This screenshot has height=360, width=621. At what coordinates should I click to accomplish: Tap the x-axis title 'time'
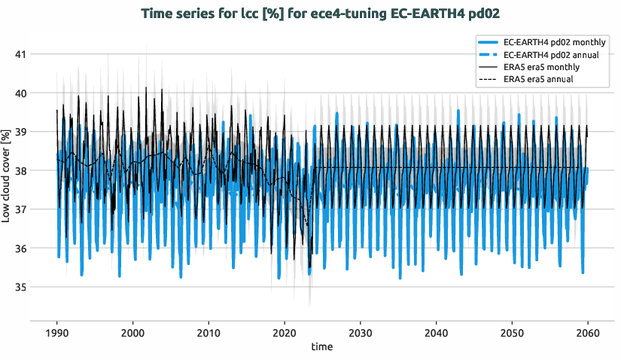(x=321, y=347)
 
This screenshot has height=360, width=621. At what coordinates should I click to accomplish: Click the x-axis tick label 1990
(x=57, y=333)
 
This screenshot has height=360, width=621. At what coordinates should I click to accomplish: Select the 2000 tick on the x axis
(x=132, y=333)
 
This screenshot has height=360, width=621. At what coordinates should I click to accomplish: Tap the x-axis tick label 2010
(x=209, y=333)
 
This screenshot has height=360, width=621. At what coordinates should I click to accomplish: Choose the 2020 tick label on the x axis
(x=285, y=333)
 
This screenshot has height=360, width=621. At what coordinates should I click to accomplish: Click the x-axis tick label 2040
(x=436, y=333)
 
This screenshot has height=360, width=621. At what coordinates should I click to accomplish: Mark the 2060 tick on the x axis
(x=587, y=333)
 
